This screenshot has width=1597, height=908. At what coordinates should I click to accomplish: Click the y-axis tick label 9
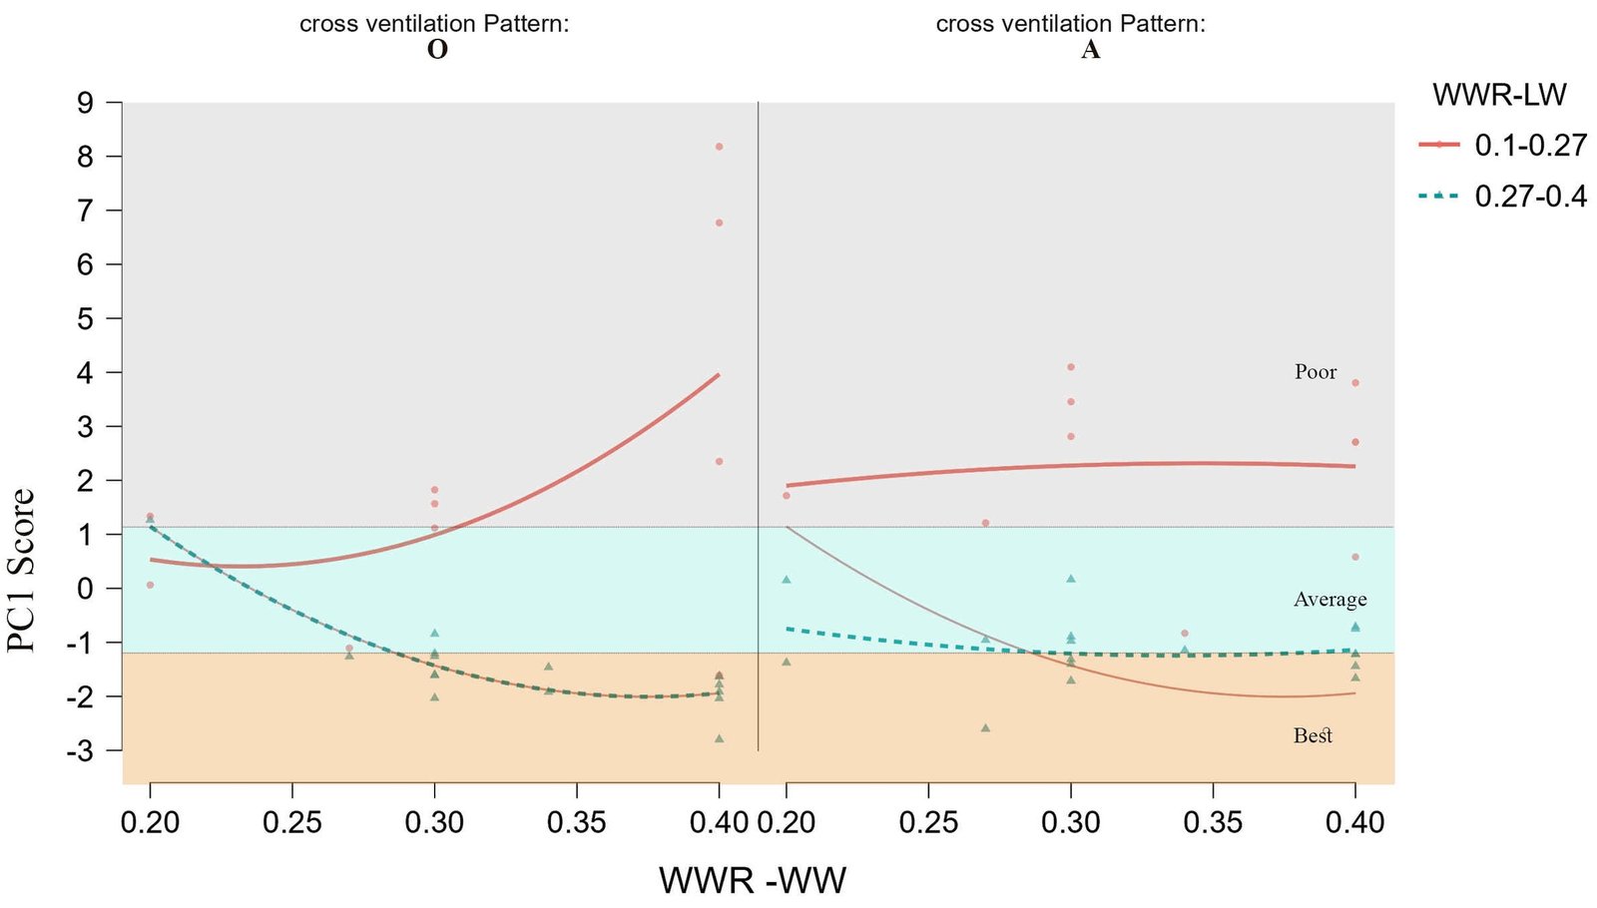[85, 103]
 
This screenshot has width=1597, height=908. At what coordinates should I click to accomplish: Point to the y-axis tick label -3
[80, 750]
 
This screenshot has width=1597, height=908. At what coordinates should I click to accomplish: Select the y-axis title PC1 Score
[22, 571]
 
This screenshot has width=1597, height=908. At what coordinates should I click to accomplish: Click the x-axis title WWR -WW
[753, 880]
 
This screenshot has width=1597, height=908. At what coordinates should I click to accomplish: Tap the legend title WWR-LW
[1499, 95]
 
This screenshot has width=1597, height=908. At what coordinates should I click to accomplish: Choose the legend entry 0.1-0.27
[1530, 146]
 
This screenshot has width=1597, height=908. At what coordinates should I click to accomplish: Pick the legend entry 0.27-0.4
[1530, 197]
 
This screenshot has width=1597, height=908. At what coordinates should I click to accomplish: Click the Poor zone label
[1316, 372]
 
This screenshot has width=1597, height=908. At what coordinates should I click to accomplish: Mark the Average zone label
[1330, 600]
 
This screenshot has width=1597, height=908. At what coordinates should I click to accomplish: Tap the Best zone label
[1313, 736]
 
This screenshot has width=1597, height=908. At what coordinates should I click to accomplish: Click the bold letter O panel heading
[437, 50]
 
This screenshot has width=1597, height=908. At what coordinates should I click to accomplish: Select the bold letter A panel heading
[1090, 50]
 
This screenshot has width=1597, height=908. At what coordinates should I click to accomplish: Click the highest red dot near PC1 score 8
[719, 147]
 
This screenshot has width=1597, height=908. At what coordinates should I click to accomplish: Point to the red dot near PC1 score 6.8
[719, 223]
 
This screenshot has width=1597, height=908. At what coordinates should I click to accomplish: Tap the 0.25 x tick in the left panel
[291, 822]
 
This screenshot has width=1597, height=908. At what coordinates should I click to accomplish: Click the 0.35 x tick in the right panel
[1213, 822]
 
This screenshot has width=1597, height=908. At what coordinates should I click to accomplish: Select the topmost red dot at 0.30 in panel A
[1071, 367]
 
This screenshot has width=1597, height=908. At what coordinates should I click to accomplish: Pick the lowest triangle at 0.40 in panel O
[719, 739]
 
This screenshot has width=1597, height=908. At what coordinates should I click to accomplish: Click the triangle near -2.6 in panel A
[985, 728]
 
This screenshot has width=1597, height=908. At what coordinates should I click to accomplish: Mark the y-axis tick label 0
[85, 589]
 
